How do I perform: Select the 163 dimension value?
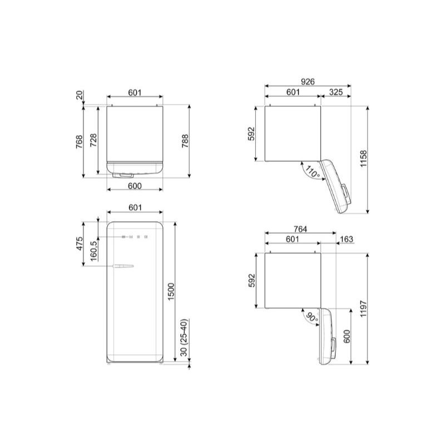[x=345, y=239]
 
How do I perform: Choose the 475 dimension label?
[x=80, y=243]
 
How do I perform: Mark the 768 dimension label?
[x=80, y=142]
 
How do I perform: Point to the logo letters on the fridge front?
[x=133, y=236]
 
